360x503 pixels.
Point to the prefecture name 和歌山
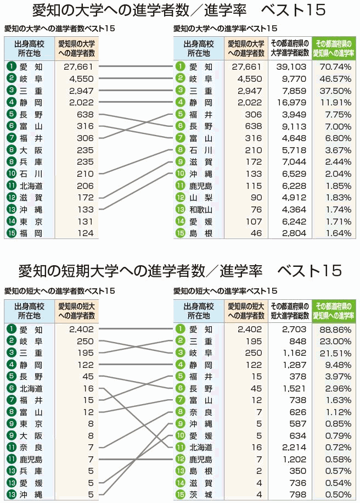(x=200, y=209)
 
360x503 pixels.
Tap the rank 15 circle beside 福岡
(x=10, y=233)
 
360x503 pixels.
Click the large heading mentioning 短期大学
(x=180, y=270)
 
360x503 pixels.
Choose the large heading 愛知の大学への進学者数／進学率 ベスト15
(x=179, y=10)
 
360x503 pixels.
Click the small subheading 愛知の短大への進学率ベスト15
(x=225, y=290)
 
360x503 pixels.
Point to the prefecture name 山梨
(x=200, y=197)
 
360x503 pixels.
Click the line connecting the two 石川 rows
(x=137, y=161)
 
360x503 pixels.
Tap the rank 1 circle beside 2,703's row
(x=179, y=329)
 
